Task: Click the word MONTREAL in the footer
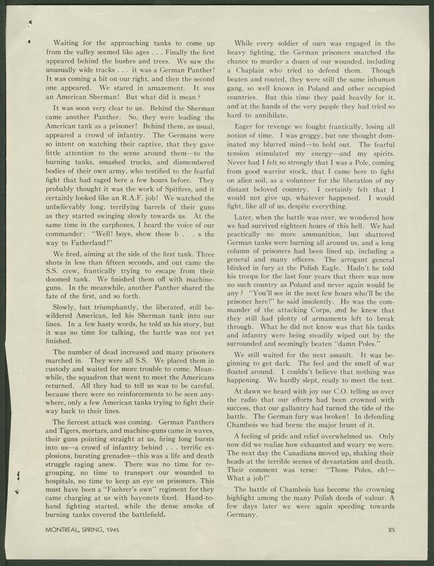click(64, 530)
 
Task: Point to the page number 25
click(392, 530)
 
